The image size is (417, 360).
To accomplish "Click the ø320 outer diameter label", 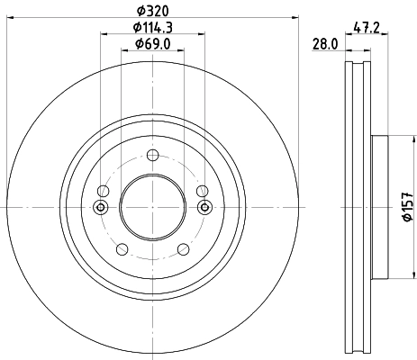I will click(x=152, y=12).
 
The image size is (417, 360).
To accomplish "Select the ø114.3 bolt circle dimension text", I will click(x=152, y=28).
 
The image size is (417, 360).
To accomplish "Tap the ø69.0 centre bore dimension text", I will click(x=152, y=44).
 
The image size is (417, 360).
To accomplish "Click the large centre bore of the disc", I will click(x=152, y=208).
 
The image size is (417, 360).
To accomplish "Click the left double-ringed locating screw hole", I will click(x=100, y=208).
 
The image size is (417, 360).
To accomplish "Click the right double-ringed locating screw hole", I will click(x=204, y=208).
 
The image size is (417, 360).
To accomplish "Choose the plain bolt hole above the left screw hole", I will click(x=102, y=191).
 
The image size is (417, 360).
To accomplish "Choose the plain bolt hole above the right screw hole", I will click(x=203, y=191).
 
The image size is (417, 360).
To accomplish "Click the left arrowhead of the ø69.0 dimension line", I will click(x=123, y=51).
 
